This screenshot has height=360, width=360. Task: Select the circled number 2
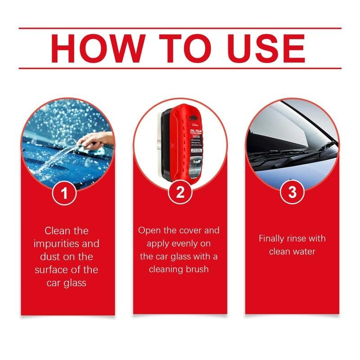(x=180, y=193)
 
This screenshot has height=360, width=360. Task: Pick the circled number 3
(x=292, y=193)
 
